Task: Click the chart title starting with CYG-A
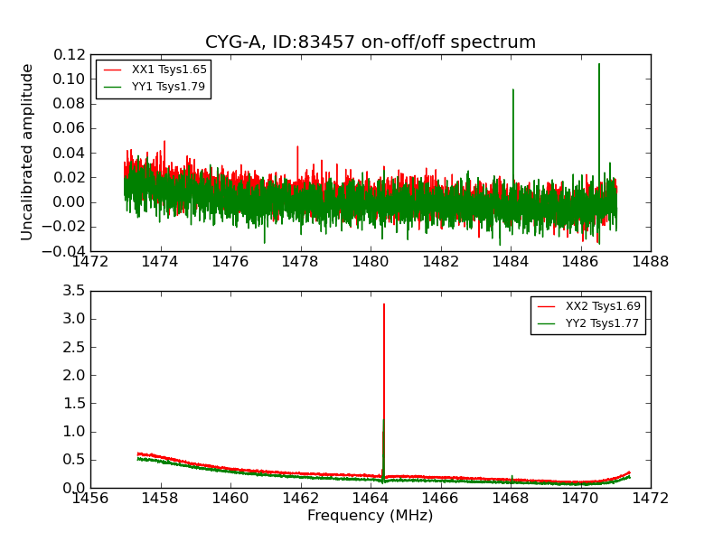(371, 42)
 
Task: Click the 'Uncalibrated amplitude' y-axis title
(27, 152)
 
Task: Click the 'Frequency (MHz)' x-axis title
(371, 516)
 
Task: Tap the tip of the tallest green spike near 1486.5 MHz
(598, 63)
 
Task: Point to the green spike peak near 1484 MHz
(513, 89)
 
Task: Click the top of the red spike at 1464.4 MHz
(384, 304)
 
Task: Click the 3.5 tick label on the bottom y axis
(74, 291)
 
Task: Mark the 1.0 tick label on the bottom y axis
(74, 432)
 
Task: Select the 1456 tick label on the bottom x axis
(90, 499)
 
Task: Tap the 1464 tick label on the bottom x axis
(371, 499)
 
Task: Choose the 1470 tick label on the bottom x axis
(580, 499)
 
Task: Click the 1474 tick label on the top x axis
(161, 262)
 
